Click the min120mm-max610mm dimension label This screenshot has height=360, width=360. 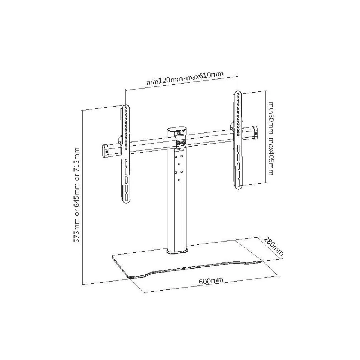pos(185,78)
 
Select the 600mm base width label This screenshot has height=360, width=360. pos(211,281)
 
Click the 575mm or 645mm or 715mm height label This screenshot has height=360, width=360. pos(76,195)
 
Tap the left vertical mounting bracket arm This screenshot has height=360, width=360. pos(125,154)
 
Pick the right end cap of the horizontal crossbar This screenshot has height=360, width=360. pos(255,132)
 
